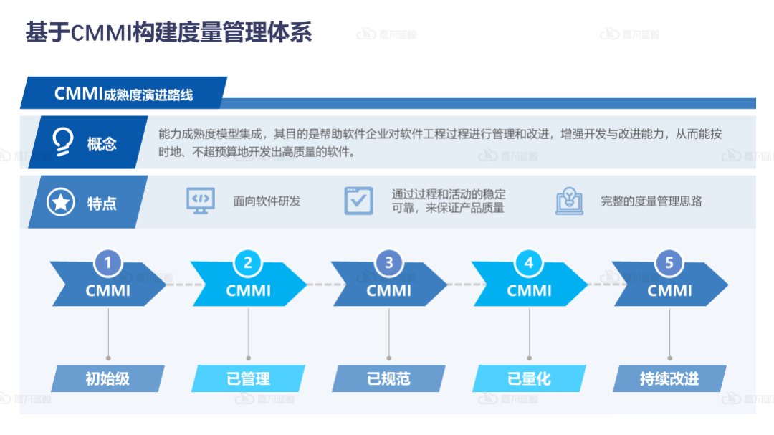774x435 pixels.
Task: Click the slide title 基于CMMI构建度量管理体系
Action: pyautogui.click(x=168, y=32)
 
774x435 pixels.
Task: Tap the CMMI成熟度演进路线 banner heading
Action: pyautogui.click(x=123, y=95)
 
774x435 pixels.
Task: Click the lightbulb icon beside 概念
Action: pyautogui.click(x=63, y=143)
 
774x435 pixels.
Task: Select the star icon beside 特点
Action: pyautogui.click(x=61, y=203)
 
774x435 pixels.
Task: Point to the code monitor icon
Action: pyautogui.click(x=200, y=201)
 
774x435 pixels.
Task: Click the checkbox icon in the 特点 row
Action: pyautogui.click(x=358, y=201)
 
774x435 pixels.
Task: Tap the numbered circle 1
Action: pyautogui.click(x=108, y=263)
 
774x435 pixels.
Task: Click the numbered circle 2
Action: pyautogui.click(x=248, y=263)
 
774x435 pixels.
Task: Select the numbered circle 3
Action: pyautogui.click(x=389, y=263)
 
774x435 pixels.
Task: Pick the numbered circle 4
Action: pyautogui.click(x=529, y=263)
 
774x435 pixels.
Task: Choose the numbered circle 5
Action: pyautogui.click(x=669, y=263)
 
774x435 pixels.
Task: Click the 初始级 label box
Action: pyautogui.click(x=107, y=378)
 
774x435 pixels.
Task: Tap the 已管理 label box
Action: pyautogui.click(x=248, y=378)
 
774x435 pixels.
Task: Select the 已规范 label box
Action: pyautogui.click(x=388, y=378)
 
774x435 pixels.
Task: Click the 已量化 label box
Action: pyautogui.click(x=529, y=378)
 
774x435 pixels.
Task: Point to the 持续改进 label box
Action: pyautogui.click(x=669, y=378)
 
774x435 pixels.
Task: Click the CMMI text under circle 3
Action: pyautogui.click(x=389, y=290)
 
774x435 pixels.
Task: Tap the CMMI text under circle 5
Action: pyautogui.click(x=669, y=290)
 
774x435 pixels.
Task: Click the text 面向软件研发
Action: pyautogui.click(x=267, y=201)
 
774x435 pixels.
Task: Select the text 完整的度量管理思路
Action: pyautogui.click(x=651, y=201)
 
